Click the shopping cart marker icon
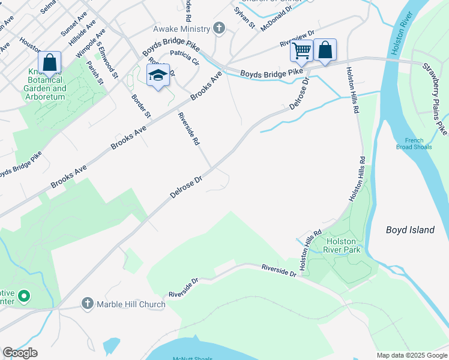click(302, 50)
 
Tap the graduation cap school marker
click(158, 75)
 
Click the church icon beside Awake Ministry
click(219, 28)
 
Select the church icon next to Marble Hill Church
click(87, 304)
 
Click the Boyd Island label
click(409, 229)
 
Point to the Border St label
click(142, 106)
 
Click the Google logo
click(20, 353)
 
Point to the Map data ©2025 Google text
click(411, 355)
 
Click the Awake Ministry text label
click(181, 29)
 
